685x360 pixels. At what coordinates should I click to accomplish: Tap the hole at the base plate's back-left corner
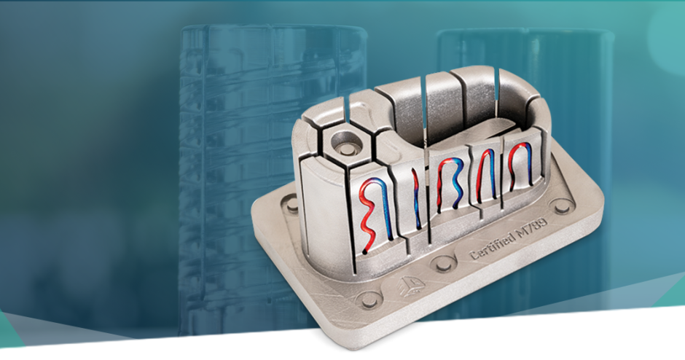coord(291,206)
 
